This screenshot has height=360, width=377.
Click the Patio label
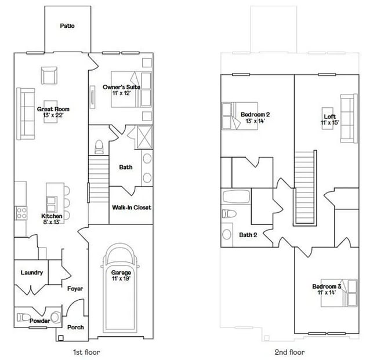[67, 26]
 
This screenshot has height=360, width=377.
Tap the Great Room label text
[53, 112]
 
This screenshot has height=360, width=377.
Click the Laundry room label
[32, 272]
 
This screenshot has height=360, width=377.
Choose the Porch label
[75, 327]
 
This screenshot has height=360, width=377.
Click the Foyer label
[75, 288]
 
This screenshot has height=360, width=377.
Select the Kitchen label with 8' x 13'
[50, 218]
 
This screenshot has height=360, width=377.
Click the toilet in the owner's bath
[98, 144]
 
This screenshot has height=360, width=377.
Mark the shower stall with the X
[140, 138]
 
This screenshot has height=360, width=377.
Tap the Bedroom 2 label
[256, 117]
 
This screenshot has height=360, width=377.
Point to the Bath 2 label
[248, 235]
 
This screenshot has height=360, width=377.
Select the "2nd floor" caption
[289, 351]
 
